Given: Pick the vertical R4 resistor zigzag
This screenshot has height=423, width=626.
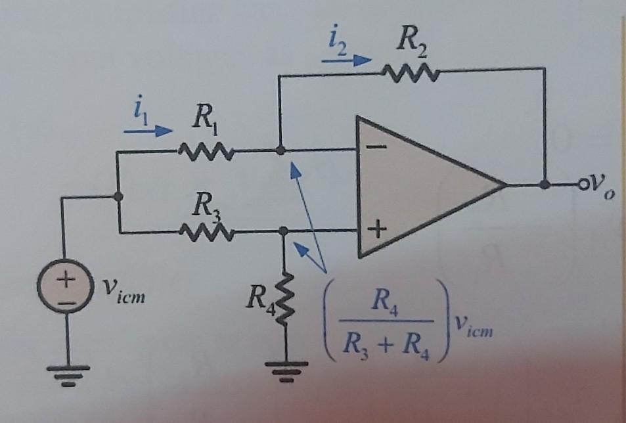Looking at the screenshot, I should click(285, 300).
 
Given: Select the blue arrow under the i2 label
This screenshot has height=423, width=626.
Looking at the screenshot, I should click(346, 59).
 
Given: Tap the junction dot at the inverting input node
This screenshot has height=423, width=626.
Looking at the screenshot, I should click(280, 150).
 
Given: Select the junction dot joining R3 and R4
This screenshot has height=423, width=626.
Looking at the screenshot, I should click(284, 231).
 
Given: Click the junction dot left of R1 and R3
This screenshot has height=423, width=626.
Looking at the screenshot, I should click(118, 196).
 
